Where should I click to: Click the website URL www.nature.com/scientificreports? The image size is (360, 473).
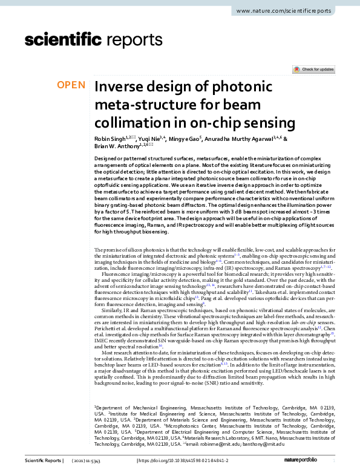[283, 11]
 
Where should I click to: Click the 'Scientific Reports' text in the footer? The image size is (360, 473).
[44, 461]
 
